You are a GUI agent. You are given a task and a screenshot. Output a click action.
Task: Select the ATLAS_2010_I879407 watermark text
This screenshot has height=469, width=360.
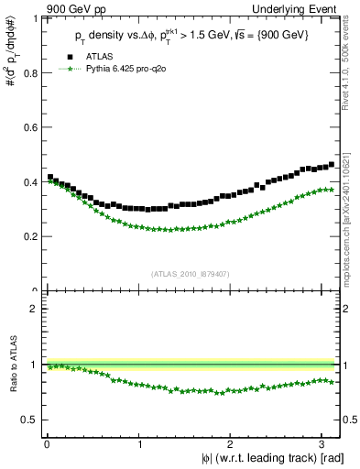click(x=191, y=273)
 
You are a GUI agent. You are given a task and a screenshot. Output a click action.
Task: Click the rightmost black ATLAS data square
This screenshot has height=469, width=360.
click(x=331, y=165)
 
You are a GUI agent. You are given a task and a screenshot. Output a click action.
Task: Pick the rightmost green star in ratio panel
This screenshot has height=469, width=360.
click(x=331, y=381)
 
